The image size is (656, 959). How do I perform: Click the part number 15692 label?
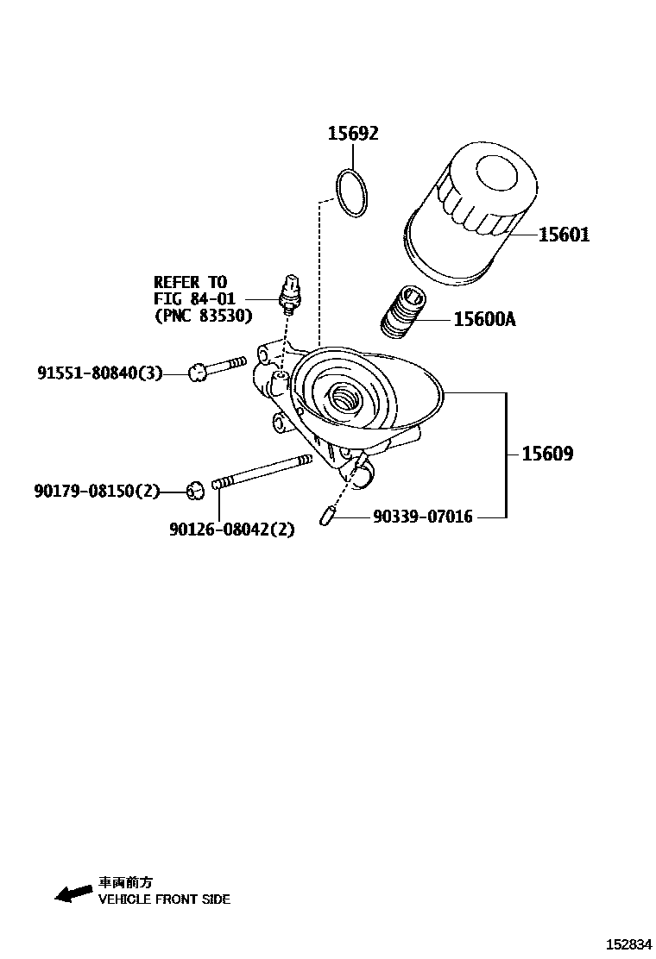point(352,134)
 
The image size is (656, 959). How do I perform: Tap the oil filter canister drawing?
point(470,216)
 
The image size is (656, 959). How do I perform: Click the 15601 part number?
point(564,235)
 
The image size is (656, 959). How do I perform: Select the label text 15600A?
point(484,320)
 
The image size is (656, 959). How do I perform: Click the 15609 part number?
point(546,454)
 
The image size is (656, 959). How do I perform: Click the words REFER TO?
point(190,282)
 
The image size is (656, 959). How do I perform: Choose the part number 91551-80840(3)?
point(99,373)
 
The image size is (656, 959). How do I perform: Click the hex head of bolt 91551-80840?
point(198,373)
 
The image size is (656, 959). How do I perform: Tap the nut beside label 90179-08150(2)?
point(195,491)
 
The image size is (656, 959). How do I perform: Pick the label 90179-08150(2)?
point(98,491)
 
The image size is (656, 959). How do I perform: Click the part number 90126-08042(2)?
point(231,530)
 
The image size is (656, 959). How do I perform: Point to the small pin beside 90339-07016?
point(326,517)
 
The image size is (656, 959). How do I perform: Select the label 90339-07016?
point(423,517)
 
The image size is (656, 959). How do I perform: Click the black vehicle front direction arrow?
point(73,893)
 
